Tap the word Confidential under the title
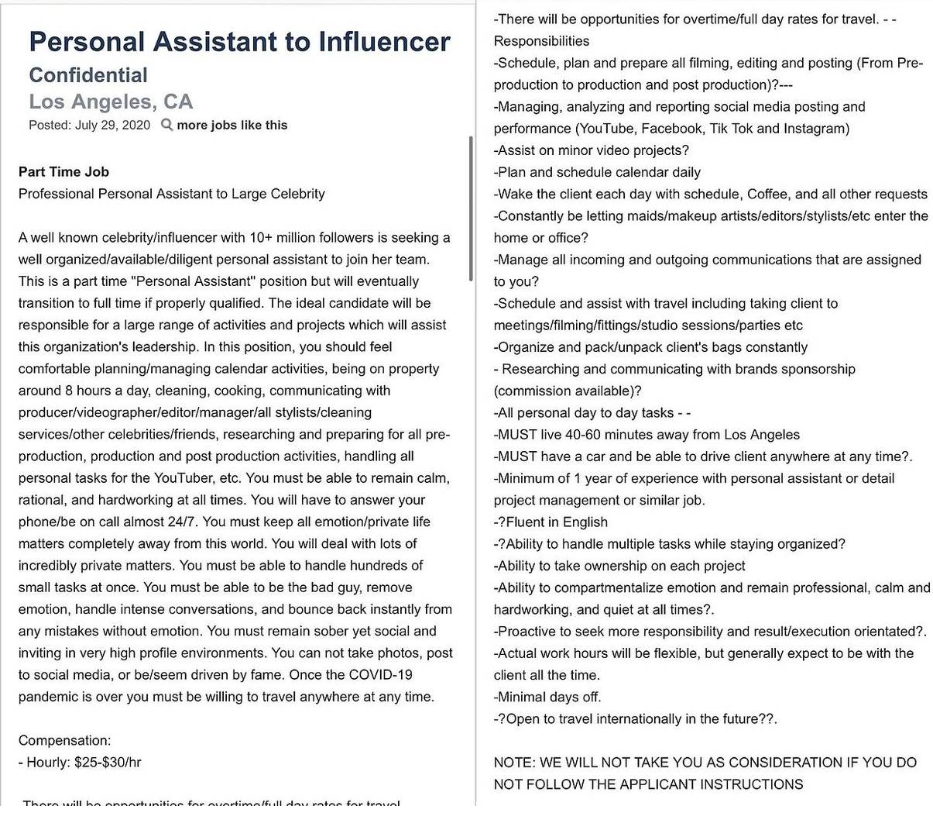click(x=88, y=75)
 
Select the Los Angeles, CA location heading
click(x=111, y=102)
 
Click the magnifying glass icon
click(x=166, y=125)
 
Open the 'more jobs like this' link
click(x=232, y=126)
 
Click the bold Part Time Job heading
click(x=63, y=172)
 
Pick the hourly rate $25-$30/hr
click(x=108, y=763)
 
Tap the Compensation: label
click(x=64, y=740)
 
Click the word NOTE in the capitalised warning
click(x=514, y=763)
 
